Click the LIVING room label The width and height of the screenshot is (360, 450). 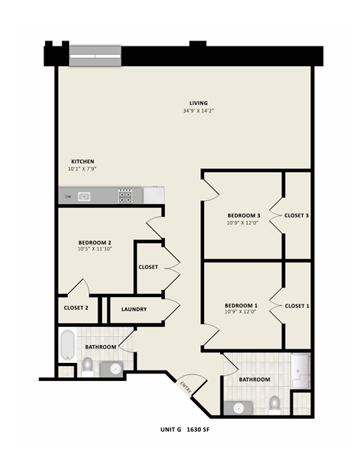(199, 103)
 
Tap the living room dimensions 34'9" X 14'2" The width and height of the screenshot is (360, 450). (199, 111)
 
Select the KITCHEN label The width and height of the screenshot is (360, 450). (82, 161)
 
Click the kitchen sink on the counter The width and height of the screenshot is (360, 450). (85, 196)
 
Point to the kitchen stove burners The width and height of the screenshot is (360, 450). (125, 196)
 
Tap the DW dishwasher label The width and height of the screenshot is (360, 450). (67, 196)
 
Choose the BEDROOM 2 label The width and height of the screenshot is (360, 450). (95, 242)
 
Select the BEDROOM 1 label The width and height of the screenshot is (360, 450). (241, 305)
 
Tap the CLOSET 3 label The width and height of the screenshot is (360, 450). (296, 216)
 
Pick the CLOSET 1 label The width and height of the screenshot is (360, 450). (296, 306)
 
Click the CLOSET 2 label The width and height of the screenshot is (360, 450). (76, 308)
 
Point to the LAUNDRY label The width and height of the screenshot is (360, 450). (133, 309)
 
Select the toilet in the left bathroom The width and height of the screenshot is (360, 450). (88, 365)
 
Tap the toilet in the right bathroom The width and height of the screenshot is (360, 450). (274, 403)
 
